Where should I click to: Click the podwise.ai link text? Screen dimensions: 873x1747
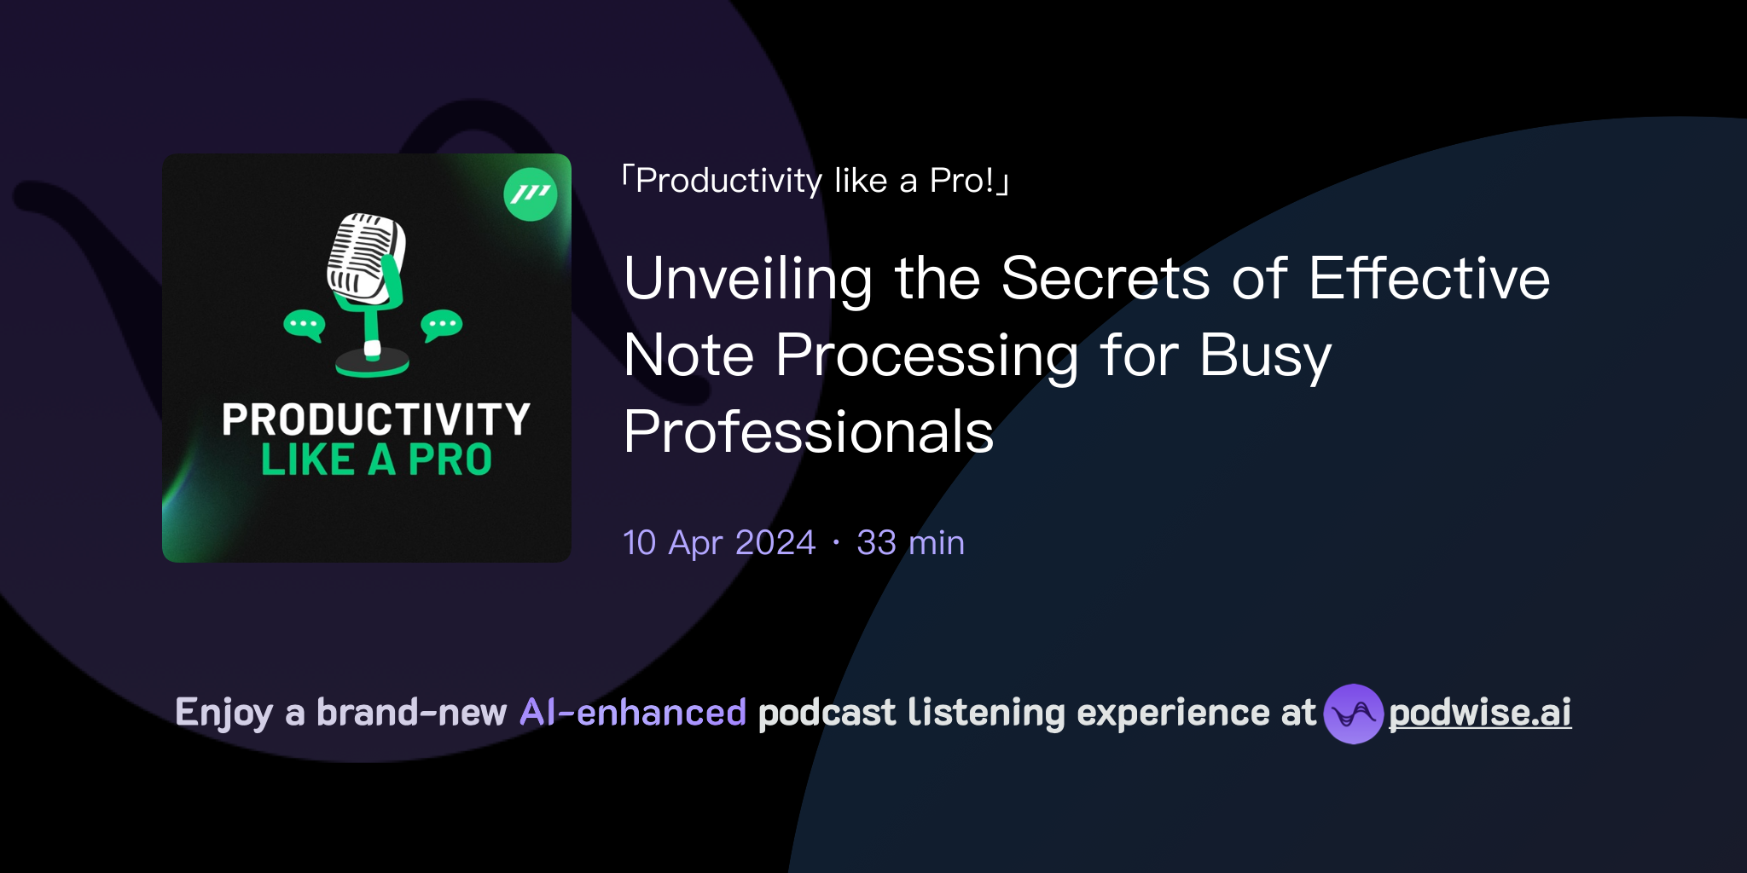(x=1480, y=713)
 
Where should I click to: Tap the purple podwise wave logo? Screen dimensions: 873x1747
(x=1353, y=714)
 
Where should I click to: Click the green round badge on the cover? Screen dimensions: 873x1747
(x=531, y=194)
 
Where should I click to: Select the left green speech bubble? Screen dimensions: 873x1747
(x=304, y=324)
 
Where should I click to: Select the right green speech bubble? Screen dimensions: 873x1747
(x=441, y=324)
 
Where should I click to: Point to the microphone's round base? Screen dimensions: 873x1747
(x=372, y=365)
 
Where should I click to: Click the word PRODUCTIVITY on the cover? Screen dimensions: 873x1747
(x=376, y=419)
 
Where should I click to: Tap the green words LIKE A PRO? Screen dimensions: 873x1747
(x=376, y=460)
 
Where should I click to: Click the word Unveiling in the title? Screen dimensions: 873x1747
(x=748, y=280)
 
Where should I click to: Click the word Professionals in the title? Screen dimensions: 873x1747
(x=809, y=432)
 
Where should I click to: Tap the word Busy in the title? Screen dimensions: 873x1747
(x=1265, y=356)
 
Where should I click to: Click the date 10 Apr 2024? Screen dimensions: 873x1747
(x=719, y=543)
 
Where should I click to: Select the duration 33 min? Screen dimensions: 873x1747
(x=910, y=543)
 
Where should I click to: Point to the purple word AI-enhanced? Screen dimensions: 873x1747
(x=633, y=713)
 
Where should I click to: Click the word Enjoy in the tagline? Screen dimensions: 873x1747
(x=223, y=714)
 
